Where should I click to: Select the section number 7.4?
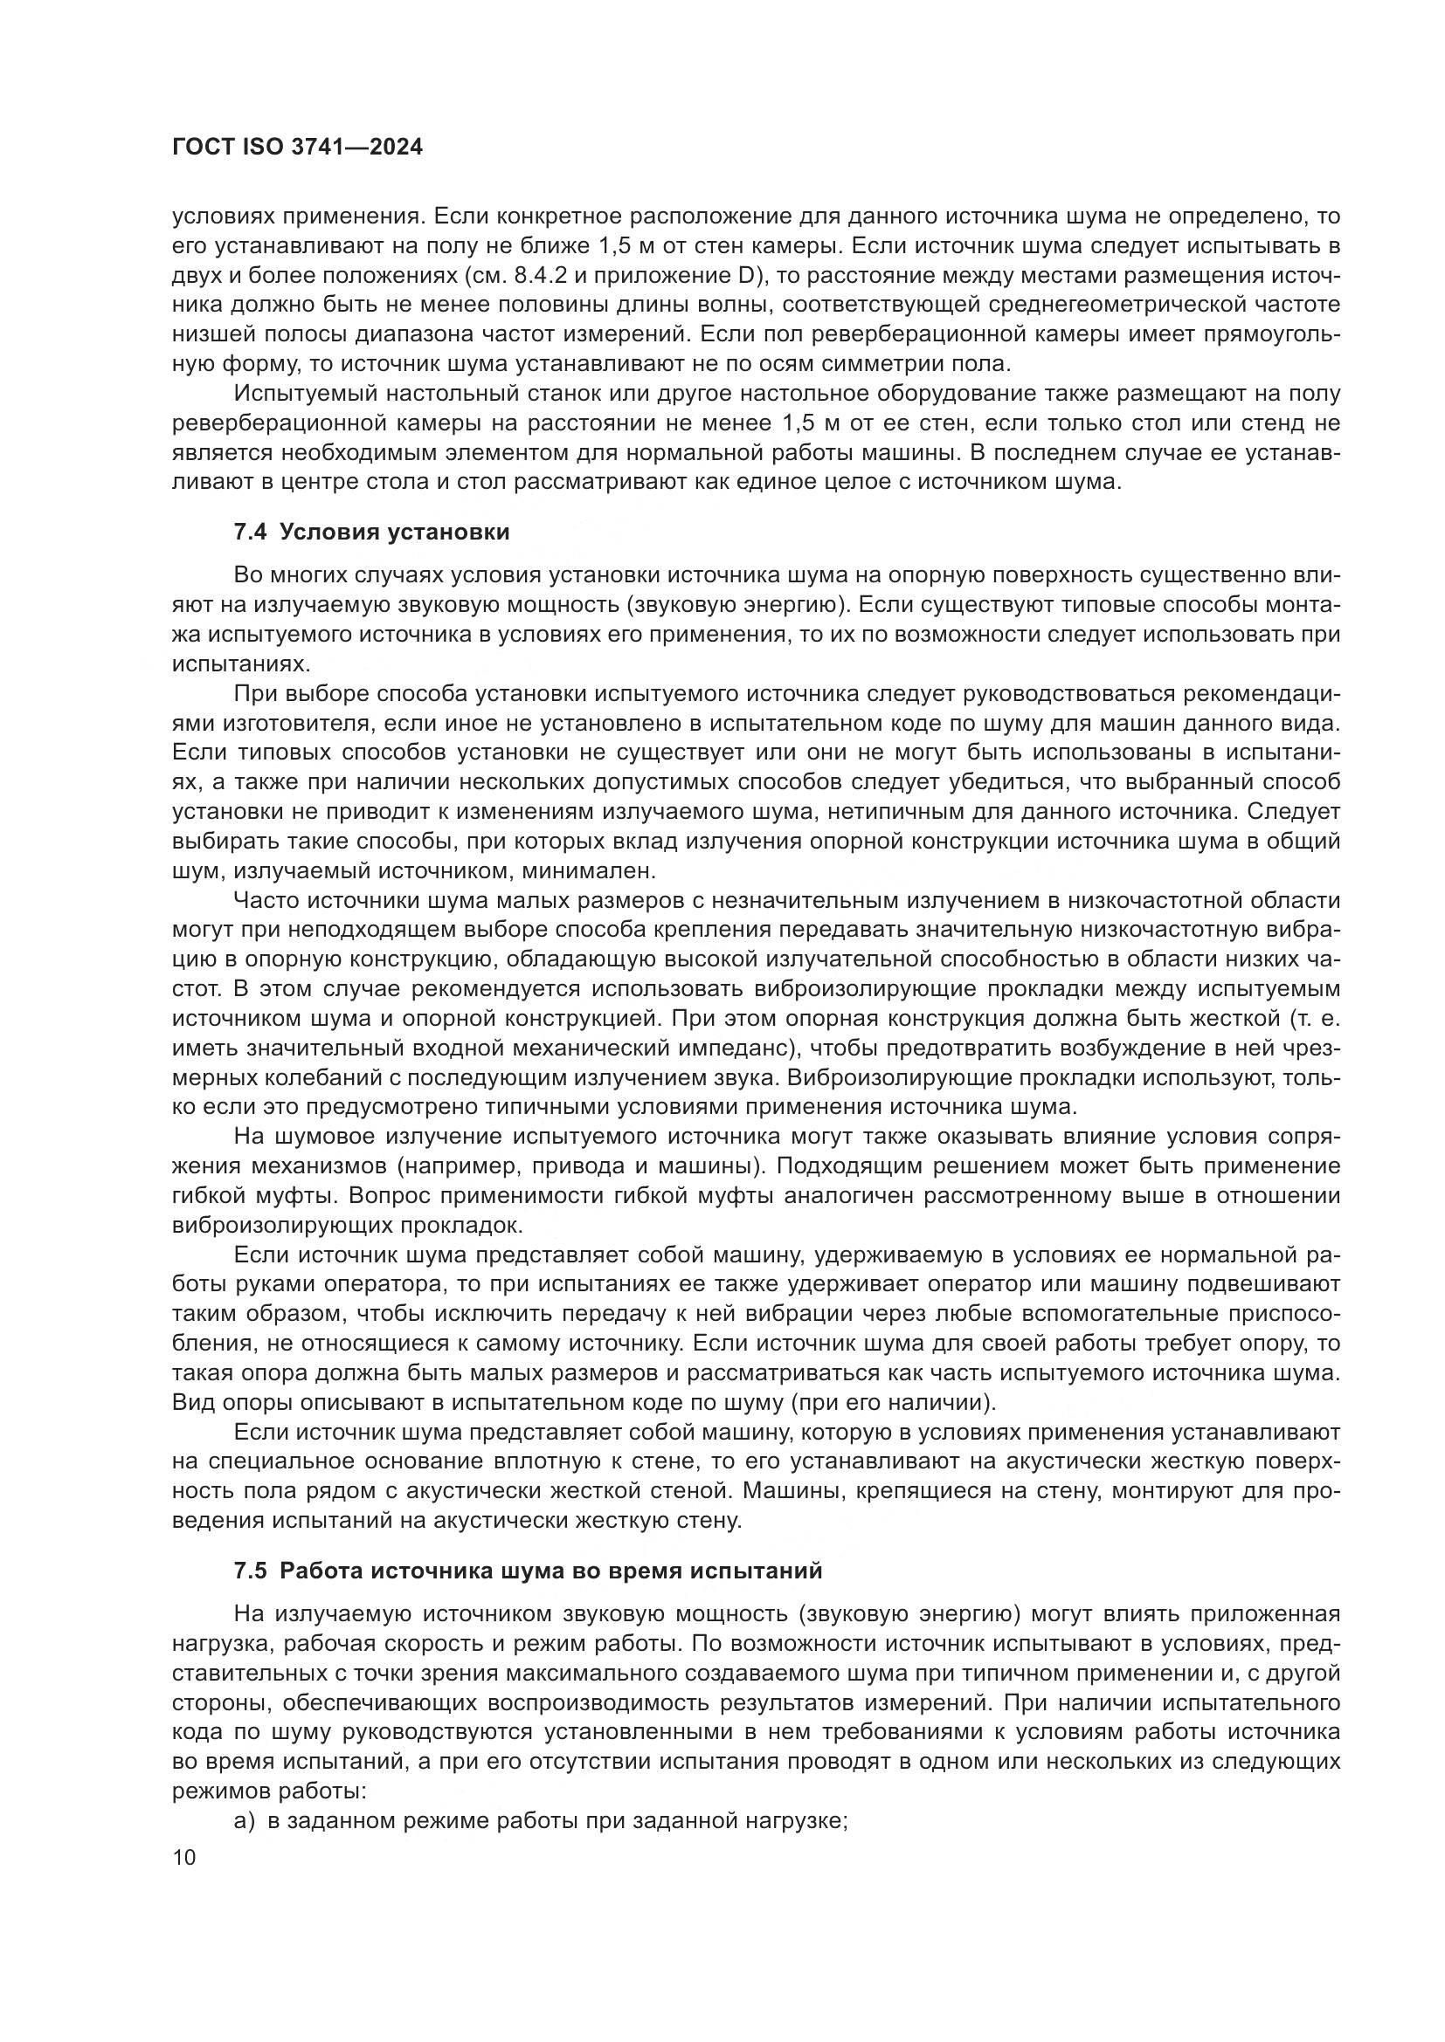tap(250, 532)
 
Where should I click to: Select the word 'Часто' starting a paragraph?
tap(263, 900)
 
